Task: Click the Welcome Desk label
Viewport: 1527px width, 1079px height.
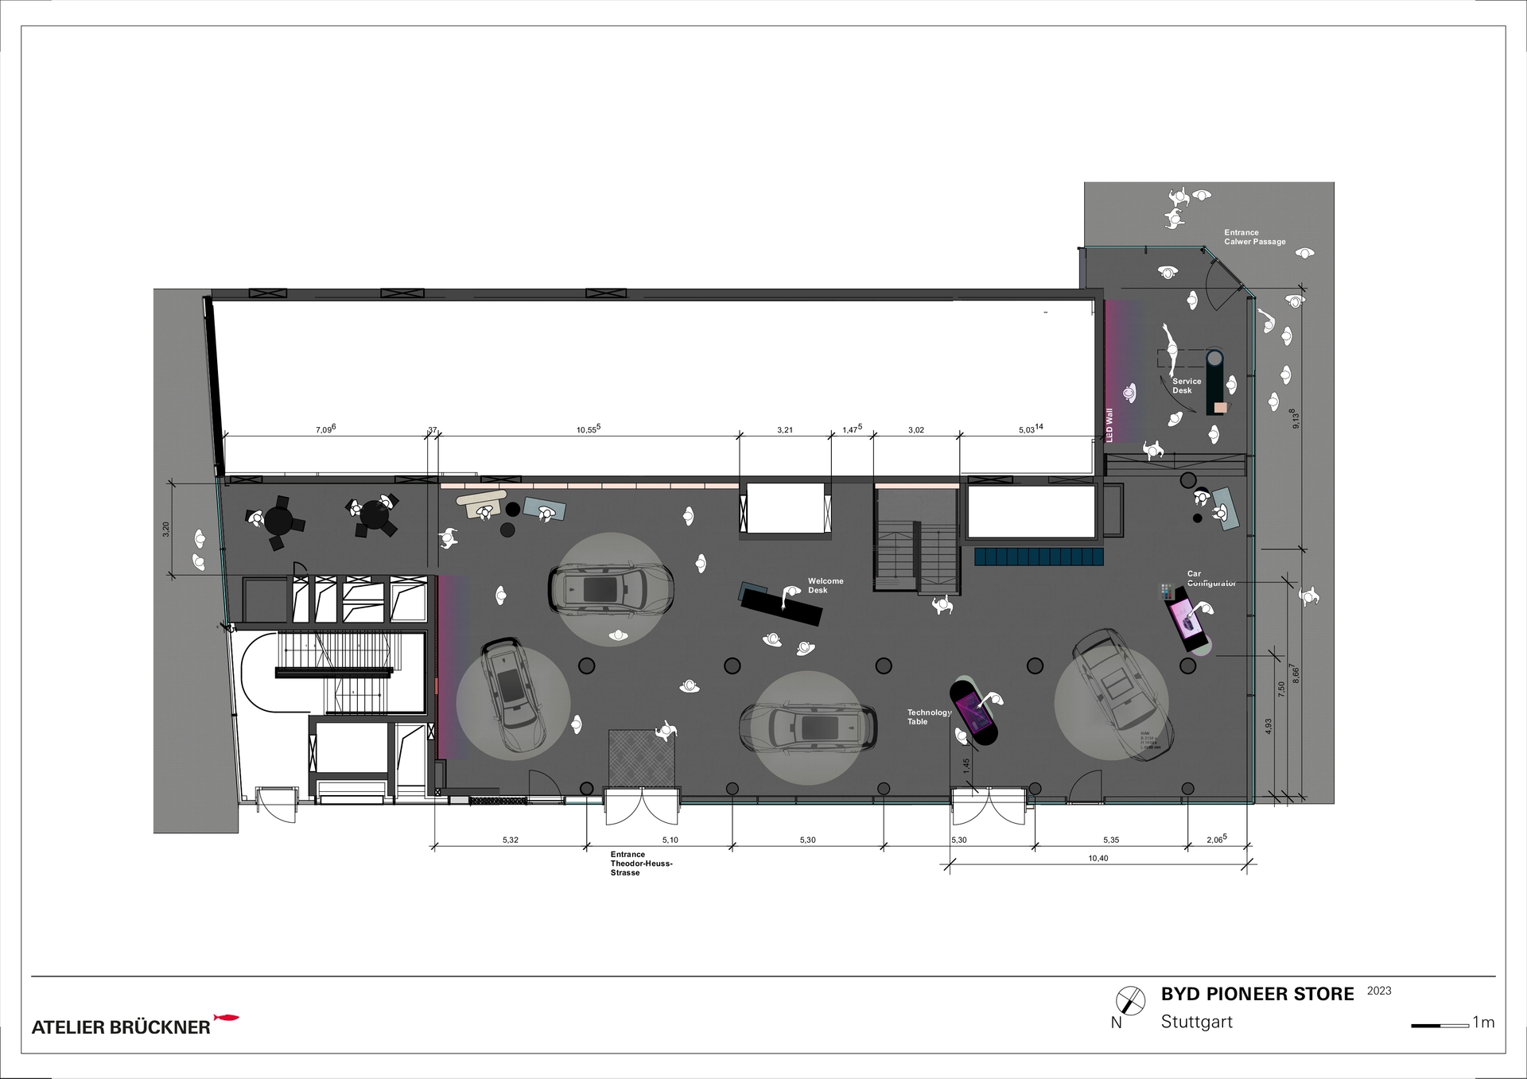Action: point(825,586)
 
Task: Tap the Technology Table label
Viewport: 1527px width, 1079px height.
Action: point(928,717)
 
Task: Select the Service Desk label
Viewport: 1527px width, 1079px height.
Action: point(1186,386)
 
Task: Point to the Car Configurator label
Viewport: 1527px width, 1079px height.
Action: point(1210,578)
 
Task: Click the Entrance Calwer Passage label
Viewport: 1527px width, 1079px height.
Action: point(1254,237)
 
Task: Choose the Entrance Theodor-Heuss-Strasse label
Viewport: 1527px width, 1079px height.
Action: point(641,864)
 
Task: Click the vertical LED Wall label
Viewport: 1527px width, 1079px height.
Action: point(1109,425)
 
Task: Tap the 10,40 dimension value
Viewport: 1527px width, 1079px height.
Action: point(1098,859)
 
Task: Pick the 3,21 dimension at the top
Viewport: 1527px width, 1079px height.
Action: point(784,430)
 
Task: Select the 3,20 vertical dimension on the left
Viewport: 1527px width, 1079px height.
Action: point(165,529)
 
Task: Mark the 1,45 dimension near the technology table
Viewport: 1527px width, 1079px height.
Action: point(966,767)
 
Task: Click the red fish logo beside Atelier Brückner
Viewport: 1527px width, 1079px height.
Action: point(227,1018)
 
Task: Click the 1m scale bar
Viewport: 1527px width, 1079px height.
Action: point(1440,1026)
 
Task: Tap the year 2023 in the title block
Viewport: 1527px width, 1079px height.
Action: point(1379,991)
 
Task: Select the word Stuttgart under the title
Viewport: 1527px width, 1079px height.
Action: point(1196,1022)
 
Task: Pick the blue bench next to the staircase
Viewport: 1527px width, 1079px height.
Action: point(1039,556)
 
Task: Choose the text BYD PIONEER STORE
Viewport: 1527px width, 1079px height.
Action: point(1257,994)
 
